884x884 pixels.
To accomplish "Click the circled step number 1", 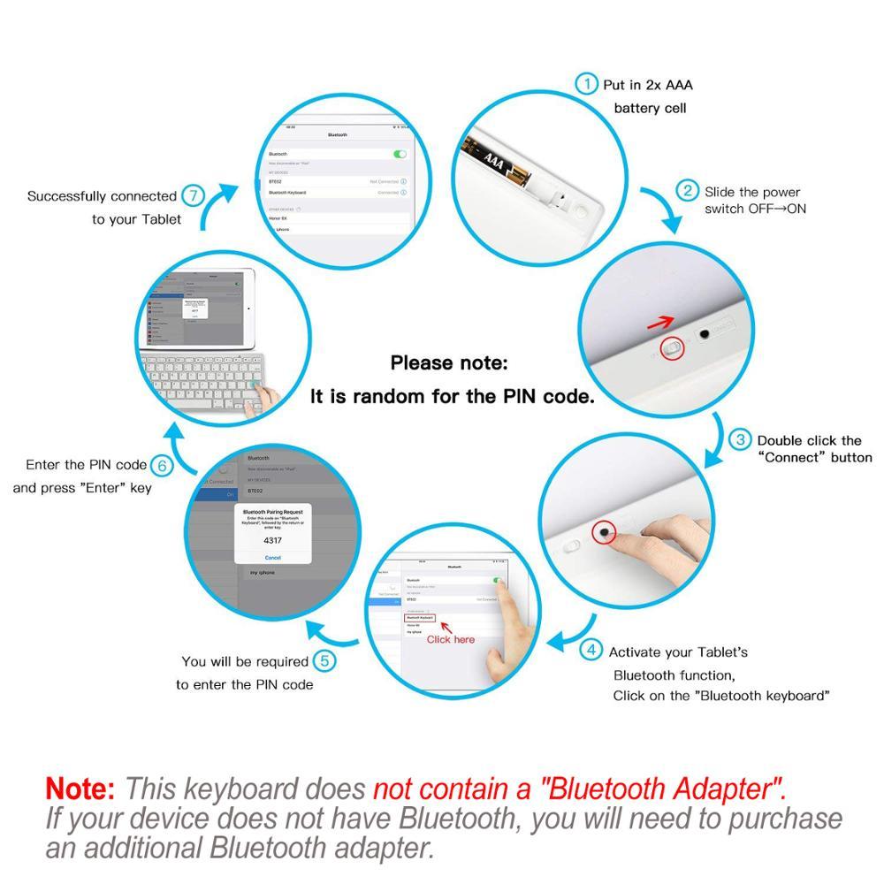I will (x=586, y=84).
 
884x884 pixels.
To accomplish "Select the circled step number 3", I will (x=740, y=439).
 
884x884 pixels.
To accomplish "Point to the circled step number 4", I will (x=591, y=651).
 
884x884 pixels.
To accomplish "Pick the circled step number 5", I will (x=324, y=660).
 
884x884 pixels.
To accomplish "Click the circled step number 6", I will (x=161, y=465).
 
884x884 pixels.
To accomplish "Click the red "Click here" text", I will (x=451, y=639).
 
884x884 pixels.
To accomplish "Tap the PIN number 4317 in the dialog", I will (x=273, y=538).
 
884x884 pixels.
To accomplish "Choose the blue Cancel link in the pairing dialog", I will (x=273, y=558).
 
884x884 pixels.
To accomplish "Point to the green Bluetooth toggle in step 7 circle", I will (x=400, y=154).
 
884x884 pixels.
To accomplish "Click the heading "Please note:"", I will (x=449, y=362).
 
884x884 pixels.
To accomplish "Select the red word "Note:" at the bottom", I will (x=80, y=788).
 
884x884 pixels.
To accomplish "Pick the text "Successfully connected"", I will (x=103, y=196).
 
